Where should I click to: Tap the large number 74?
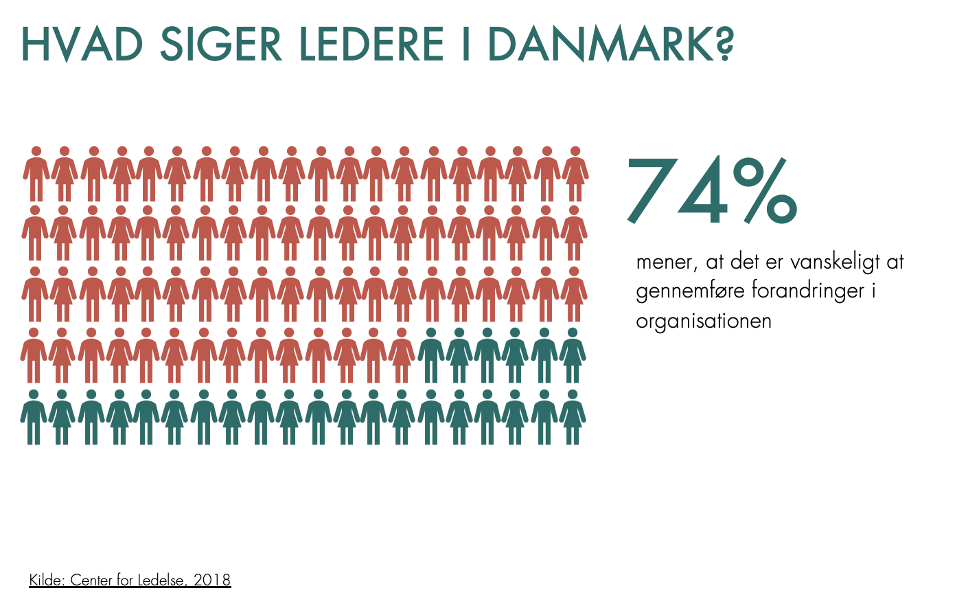click(676, 192)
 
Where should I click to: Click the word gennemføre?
click(690, 291)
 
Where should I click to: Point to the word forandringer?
click(808, 291)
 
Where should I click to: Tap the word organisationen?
click(704, 321)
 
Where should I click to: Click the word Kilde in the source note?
click(46, 581)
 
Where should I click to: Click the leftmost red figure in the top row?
click(36, 173)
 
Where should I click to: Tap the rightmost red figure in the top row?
click(575, 173)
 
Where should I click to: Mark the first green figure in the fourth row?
click(431, 355)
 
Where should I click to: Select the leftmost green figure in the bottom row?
click(34, 417)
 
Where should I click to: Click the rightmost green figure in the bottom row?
click(573, 417)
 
